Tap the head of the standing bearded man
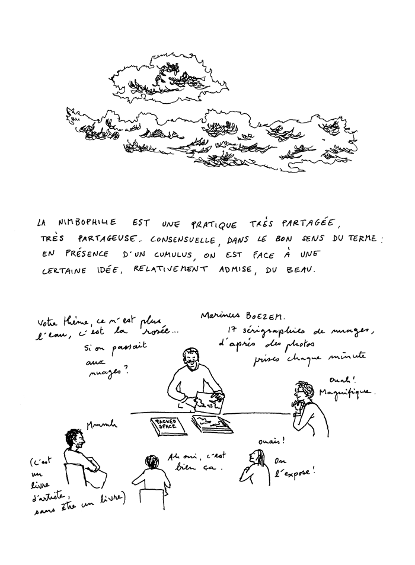click(190, 361)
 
